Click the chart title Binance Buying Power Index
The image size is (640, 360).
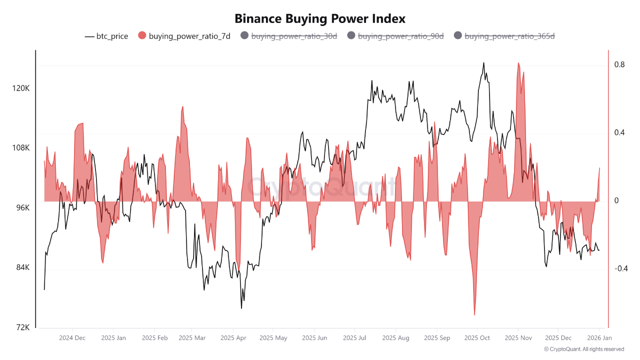320,18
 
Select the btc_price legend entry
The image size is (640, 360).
106,36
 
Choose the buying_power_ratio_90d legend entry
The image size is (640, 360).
395,36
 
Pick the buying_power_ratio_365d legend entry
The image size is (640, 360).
504,36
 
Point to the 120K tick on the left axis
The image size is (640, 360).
21,88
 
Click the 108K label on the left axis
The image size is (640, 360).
21,148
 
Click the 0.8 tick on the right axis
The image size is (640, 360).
619,64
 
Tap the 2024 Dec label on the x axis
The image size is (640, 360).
72,338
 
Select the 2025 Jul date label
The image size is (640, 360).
354,338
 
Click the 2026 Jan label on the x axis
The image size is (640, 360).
599,338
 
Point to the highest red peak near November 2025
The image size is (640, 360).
518,63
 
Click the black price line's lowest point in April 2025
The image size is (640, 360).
241,308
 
